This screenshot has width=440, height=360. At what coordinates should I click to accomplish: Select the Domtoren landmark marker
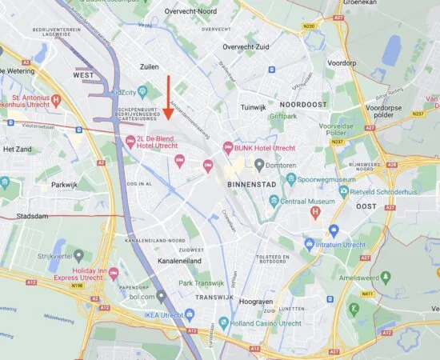(x=259, y=164)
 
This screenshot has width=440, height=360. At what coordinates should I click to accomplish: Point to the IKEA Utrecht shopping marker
(x=189, y=315)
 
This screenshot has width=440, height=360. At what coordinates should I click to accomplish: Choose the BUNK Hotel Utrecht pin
(x=228, y=147)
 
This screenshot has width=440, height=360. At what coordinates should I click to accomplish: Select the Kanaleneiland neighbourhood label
(x=179, y=261)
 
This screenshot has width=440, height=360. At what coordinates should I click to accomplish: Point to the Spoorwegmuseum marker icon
(x=290, y=179)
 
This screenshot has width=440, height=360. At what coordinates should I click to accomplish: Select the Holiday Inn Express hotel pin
(x=113, y=274)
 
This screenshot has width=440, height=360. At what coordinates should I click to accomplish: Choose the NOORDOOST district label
(x=305, y=105)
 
